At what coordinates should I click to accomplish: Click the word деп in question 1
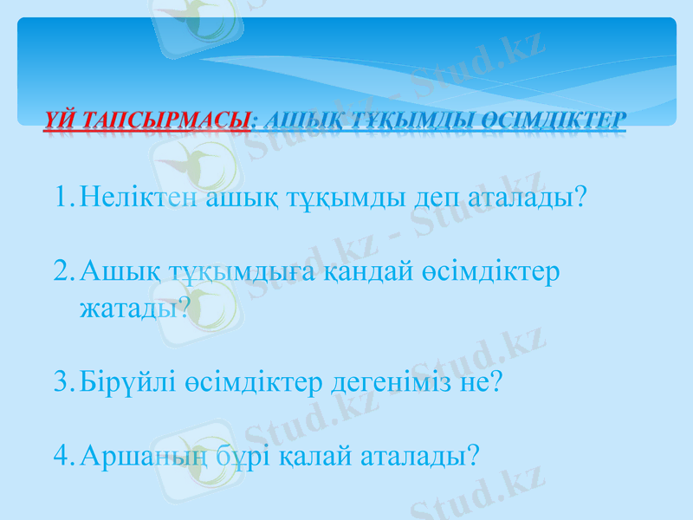point(436,199)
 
